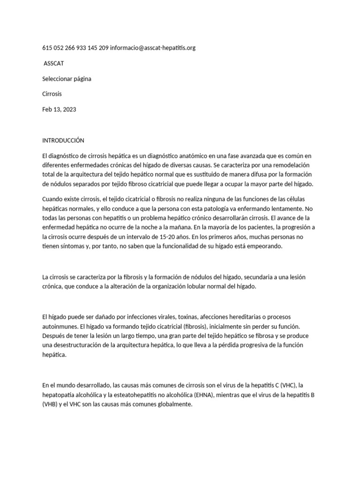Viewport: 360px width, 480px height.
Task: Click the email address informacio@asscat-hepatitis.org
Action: (152, 48)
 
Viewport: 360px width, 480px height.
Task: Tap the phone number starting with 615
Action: (75, 48)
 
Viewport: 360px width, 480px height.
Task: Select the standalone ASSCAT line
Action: (53, 63)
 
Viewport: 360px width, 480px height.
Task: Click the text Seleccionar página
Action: (67, 79)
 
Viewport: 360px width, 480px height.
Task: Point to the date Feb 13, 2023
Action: (59, 109)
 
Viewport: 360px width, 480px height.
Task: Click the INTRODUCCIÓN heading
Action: (63, 140)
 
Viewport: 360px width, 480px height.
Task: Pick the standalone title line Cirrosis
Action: (52, 94)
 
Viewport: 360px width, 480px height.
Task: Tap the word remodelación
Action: (294, 165)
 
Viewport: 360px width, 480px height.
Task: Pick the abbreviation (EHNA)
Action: (202, 395)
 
